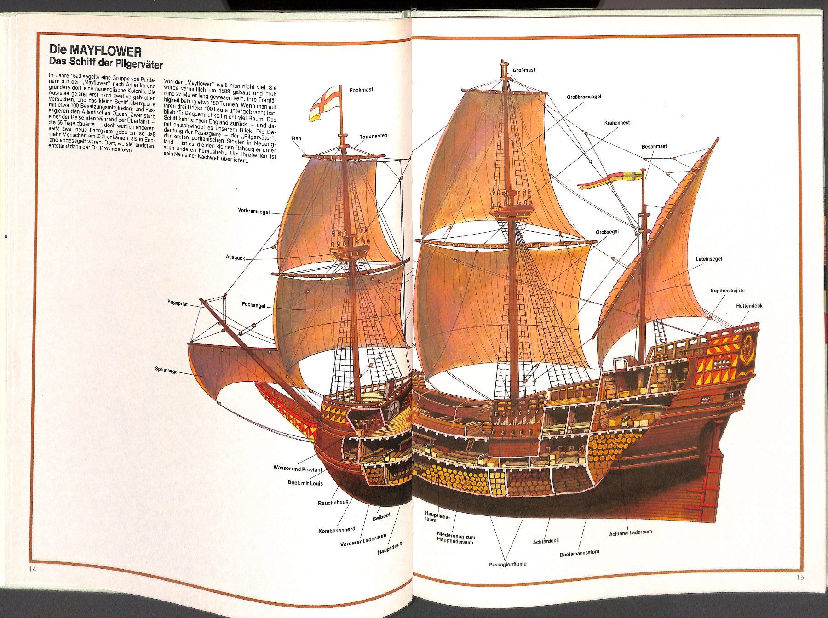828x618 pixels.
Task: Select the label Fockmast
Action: [x=361, y=90]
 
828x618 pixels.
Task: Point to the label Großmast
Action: [x=524, y=70]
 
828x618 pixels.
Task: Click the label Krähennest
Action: [x=617, y=123]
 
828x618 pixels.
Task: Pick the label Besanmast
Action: [x=654, y=146]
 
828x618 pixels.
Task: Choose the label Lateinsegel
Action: [x=708, y=259]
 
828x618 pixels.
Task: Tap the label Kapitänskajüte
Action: [x=727, y=291]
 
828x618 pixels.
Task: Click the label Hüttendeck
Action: [x=749, y=305]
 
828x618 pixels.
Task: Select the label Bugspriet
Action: [x=178, y=303]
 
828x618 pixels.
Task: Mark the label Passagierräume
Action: [x=507, y=564]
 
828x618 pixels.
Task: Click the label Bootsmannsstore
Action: [x=579, y=553]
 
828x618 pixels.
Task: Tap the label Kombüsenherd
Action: [x=337, y=530]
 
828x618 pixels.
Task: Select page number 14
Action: [x=32, y=569]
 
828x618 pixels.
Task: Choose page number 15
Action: [x=800, y=577]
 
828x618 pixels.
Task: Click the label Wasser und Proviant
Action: [x=298, y=469]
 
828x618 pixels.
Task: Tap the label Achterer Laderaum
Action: [x=630, y=532]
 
